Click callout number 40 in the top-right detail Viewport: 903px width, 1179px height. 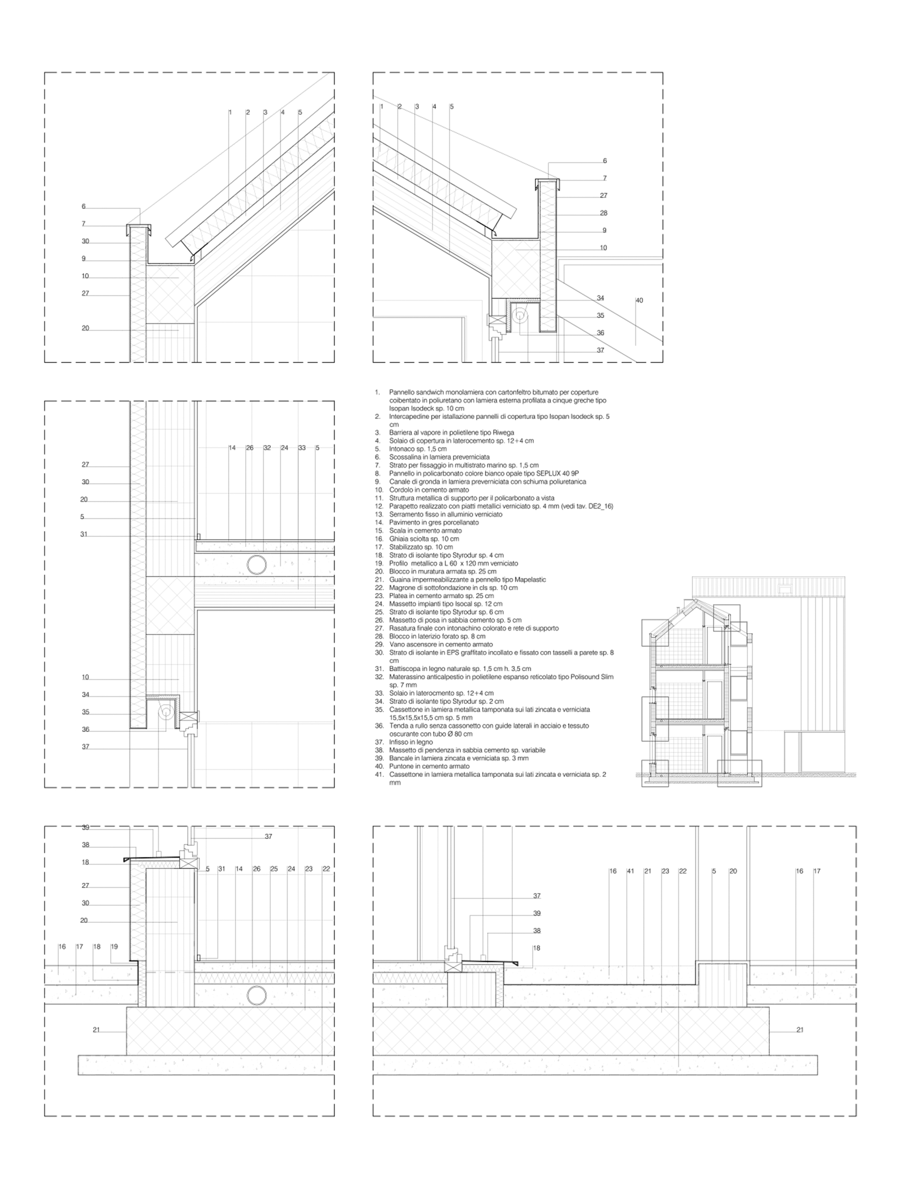click(639, 300)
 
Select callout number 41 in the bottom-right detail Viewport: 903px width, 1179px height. click(630, 871)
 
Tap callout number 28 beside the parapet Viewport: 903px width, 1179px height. click(604, 213)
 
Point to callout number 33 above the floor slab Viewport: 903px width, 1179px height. click(302, 448)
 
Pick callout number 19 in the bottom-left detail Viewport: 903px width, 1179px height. click(114, 947)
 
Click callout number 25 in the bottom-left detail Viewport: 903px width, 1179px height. click(274, 869)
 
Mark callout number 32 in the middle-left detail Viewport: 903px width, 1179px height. click(267, 448)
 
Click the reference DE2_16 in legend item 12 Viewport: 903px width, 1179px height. click(598, 506)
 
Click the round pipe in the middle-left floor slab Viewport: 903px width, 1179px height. click(256, 565)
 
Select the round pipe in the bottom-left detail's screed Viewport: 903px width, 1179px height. click(256, 996)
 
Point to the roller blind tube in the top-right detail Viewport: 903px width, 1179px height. click(520, 317)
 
